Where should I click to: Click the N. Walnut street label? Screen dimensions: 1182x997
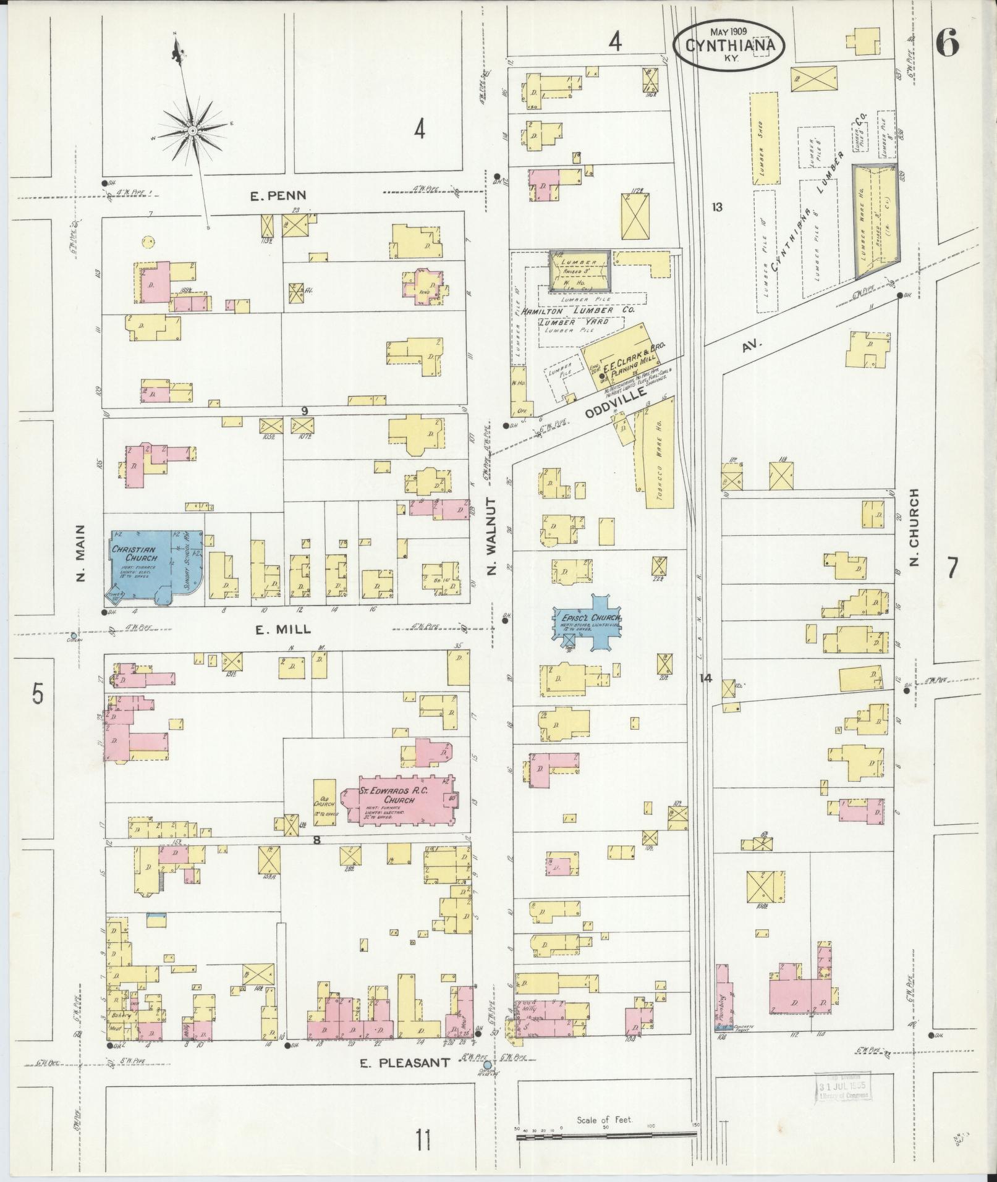(492, 536)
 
